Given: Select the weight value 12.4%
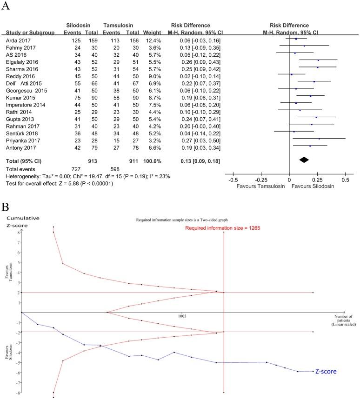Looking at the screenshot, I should tap(149, 41).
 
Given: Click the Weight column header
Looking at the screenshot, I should tap(150, 33).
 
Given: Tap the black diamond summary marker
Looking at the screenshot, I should tap(304, 160).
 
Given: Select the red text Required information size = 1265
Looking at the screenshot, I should tap(222, 228).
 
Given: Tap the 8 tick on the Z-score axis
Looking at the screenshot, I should tap(18, 232).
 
